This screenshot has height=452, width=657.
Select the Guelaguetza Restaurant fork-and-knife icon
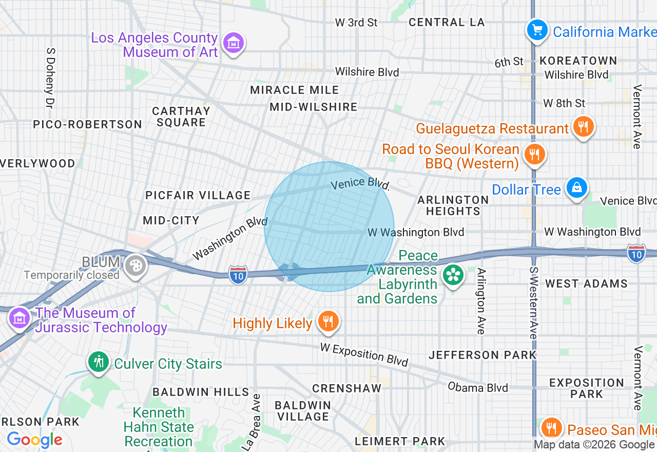tap(583, 126)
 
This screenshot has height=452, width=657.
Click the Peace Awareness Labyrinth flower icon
tap(453, 275)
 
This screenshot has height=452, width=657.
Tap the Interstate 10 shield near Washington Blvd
tap(238, 273)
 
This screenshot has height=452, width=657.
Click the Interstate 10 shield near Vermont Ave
tap(636, 253)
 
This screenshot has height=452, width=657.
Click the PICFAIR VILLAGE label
tap(198, 195)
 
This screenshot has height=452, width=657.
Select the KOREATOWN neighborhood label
tap(578, 61)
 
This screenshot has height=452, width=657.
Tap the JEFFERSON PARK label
tap(482, 355)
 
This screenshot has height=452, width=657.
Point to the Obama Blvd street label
tap(478, 387)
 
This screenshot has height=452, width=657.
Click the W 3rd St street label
tap(356, 22)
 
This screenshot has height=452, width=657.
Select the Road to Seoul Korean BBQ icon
tap(534, 154)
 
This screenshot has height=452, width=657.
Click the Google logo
tap(34, 440)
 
